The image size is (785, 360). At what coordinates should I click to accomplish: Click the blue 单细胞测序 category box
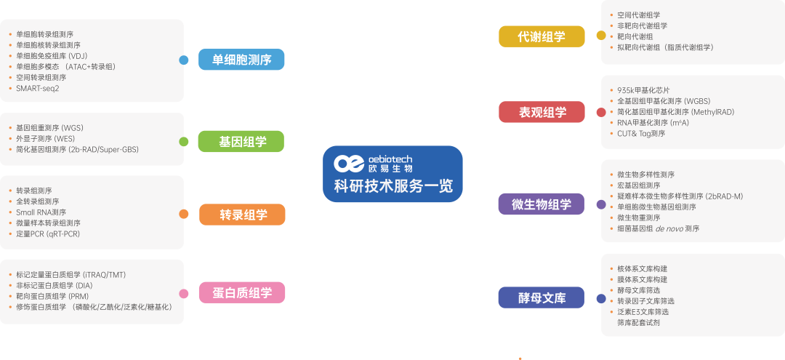point(241,60)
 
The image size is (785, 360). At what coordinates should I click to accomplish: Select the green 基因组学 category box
point(241,141)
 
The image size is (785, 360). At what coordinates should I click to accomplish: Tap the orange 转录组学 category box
point(241,215)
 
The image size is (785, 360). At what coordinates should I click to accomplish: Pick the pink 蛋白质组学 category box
point(241,293)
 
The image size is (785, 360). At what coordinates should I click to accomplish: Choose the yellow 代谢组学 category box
point(542,36)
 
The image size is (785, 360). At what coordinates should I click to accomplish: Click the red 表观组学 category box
point(542,112)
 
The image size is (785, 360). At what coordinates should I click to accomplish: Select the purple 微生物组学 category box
point(542,204)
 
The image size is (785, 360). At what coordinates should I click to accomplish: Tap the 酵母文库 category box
point(542,297)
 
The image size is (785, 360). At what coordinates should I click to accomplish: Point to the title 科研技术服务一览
point(392,186)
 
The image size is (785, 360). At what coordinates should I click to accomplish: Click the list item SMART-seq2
point(38,88)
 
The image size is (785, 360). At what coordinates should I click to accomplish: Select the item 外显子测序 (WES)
point(45,138)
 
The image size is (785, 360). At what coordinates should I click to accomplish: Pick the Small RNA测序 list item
point(41,212)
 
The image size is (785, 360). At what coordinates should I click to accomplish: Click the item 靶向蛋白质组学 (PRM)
point(54,296)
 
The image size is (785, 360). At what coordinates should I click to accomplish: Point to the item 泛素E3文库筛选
point(643,311)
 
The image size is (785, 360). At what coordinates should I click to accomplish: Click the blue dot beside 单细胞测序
point(184,60)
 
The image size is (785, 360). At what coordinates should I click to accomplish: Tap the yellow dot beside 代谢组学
point(601,36)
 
